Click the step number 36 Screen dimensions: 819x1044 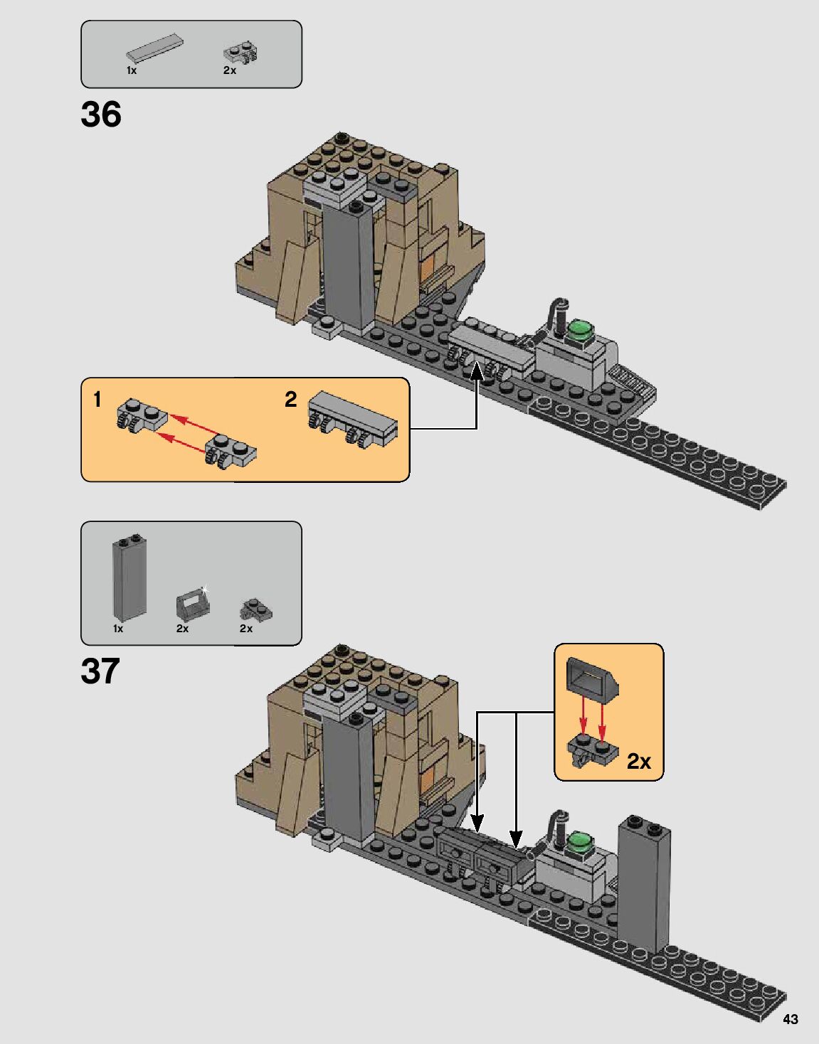point(101,114)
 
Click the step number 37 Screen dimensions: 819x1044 point(100,671)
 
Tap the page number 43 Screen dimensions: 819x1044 point(790,1019)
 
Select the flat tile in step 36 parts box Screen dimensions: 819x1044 point(155,48)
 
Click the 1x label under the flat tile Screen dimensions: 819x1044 point(132,70)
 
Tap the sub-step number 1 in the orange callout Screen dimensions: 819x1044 point(97,399)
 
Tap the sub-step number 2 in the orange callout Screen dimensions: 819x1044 point(291,399)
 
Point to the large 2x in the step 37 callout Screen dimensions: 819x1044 point(639,761)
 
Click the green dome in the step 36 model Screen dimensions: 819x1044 point(581,329)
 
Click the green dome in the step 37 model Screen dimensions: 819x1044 point(581,843)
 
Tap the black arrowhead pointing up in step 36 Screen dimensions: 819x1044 point(476,373)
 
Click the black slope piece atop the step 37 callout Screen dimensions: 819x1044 point(592,678)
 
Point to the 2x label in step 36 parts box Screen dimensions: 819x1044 point(230,70)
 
